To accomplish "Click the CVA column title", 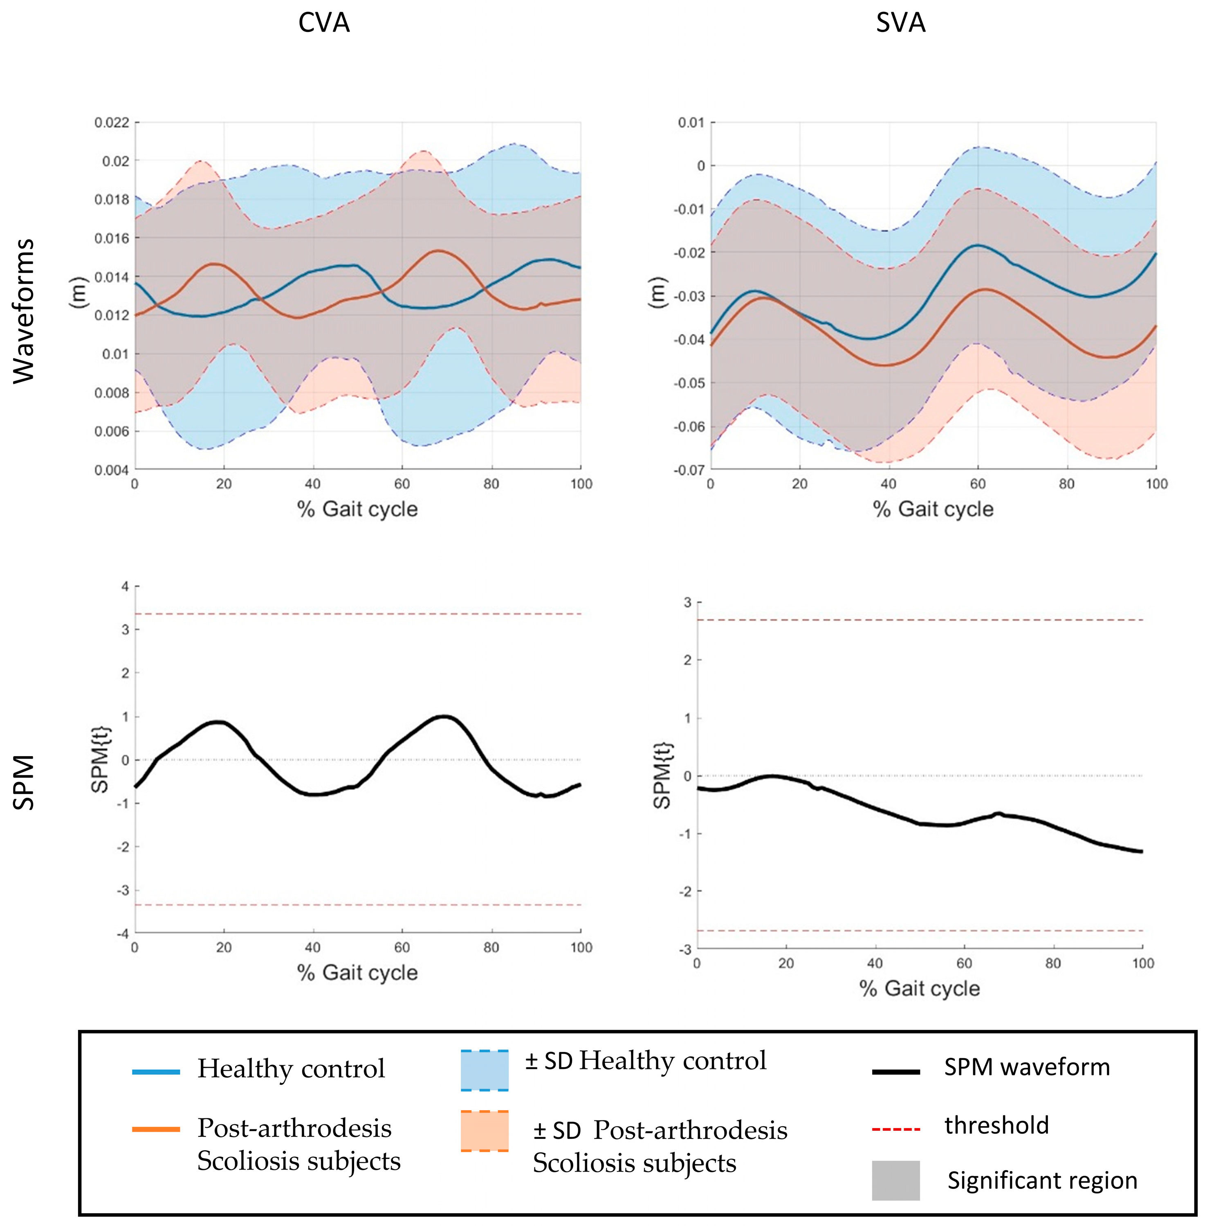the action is (324, 23).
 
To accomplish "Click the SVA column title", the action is (901, 23).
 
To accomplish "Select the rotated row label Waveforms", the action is (24, 311).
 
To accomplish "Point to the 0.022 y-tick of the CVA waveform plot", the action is (112, 122).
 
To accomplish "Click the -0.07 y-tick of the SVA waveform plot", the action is (689, 471).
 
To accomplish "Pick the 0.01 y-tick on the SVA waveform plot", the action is (692, 122).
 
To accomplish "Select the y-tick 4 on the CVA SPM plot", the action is (125, 586).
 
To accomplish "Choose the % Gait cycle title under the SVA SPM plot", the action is (920, 989).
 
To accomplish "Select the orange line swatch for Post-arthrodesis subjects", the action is (156, 1129).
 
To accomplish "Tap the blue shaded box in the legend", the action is (485, 1070).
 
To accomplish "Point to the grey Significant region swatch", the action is (895, 1181).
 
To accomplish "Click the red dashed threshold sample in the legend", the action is (895, 1129).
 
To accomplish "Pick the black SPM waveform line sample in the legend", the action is (895, 1071).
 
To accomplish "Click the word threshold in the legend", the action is (997, 1125).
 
